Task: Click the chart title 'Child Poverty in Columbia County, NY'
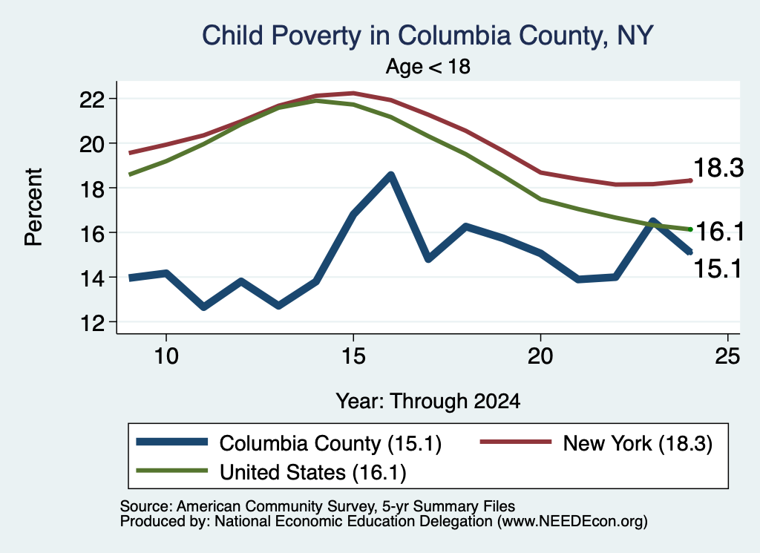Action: [427, 36]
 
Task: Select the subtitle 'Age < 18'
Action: [427, 66]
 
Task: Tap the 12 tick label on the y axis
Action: [92, 322]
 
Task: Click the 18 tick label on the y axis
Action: [92, 189]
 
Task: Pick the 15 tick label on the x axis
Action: [353, 356]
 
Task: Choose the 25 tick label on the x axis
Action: [727, 356]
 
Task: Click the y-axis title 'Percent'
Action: [34, 207]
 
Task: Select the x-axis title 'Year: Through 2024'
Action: [428, 402]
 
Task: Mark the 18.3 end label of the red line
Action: [718, 168]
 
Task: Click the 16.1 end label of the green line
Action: [720, 231]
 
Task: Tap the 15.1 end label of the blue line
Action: [718, 269]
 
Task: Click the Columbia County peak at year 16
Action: [390, 175]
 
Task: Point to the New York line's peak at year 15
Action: [353, 93]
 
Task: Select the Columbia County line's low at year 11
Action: [203, 307]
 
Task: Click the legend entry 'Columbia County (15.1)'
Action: [289, 443]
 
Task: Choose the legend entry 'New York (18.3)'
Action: [596, 443]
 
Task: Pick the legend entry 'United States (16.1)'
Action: [272, 472]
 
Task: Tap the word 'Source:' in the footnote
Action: [146, 506]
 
